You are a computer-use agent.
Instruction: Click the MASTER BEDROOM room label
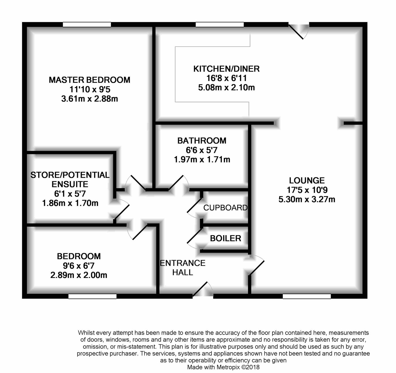(89, 80)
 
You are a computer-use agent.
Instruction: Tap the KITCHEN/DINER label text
(226, 69)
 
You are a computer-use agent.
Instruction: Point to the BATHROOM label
(202, 141)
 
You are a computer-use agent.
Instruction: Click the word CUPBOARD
(225, 208)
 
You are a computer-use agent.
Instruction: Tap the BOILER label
(226, 238)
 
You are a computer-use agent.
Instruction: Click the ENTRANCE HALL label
(182, 267)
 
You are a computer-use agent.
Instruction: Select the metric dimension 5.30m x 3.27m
(307, 199)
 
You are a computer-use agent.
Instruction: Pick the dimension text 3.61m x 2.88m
(89, 99)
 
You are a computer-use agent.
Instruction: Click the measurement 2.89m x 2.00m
(79, 275)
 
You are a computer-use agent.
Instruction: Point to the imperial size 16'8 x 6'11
(226, 78)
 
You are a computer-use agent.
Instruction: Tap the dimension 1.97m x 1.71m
(202, 160)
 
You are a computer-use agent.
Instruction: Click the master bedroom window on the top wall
(87, 25)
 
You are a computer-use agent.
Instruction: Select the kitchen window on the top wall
(220, 25)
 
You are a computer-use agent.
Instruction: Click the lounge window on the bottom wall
(307, 296)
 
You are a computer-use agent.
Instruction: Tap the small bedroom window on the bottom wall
(92, 296)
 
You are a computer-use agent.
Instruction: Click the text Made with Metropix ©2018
(224, 367)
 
